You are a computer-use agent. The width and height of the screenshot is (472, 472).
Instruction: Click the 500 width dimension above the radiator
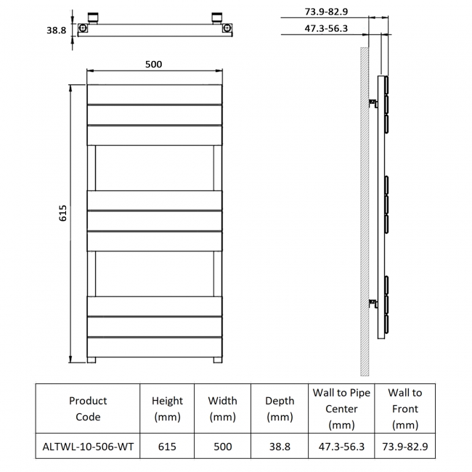coord(153,64)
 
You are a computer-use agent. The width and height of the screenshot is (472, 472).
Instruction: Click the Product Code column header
coord(88,409)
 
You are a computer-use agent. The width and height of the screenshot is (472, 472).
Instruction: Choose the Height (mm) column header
coord(167,409)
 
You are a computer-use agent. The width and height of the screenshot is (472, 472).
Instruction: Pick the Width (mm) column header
coord(223,409)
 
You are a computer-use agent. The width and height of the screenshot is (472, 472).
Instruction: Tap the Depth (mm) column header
coord(280,409)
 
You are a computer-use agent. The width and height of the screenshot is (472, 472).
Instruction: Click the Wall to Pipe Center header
coord(341,409)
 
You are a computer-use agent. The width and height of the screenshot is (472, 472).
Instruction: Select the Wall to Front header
coord(404,409)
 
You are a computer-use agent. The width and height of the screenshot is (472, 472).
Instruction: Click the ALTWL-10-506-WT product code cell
coord(88,447)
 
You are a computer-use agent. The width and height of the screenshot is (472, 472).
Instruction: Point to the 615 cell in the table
coord(167,447)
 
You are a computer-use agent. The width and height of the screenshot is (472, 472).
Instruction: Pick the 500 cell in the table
coord(223,447)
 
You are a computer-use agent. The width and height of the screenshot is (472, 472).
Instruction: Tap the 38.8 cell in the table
coord(280,447)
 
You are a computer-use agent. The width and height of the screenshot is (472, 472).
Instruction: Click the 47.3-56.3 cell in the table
coord(341,447)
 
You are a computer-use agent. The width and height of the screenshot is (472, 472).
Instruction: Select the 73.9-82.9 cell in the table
coord(404,447)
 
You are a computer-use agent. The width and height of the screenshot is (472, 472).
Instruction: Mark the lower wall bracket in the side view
coord(374,303)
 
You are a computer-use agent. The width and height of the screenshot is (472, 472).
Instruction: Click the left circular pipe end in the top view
coord(84,29)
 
